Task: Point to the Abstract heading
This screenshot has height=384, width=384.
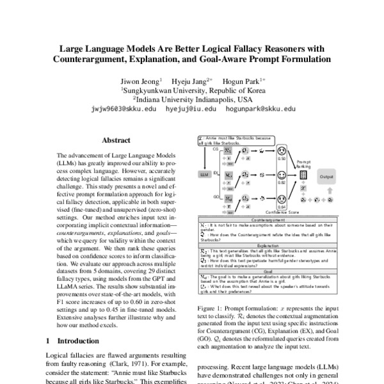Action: pyautogui.click(x=116, y=140)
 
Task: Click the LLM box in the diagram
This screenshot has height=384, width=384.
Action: pyautogui.click(x=205, y=174)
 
